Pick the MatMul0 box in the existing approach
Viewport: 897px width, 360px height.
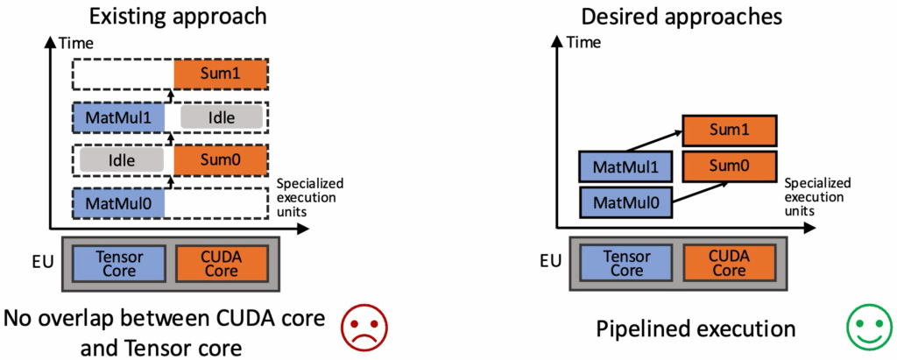[118, 202]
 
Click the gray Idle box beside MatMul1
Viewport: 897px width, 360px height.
[221, 117]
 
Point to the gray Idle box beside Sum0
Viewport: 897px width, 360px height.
[122, 159]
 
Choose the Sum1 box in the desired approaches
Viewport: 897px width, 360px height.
[728, 131]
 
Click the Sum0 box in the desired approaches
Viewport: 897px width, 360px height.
[728, 165]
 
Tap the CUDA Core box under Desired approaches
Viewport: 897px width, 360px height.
[729, 263]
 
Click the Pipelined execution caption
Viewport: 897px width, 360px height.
[696, 329]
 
